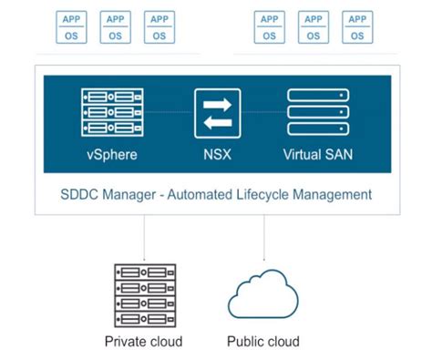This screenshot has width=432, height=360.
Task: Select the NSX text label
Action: (216, 154)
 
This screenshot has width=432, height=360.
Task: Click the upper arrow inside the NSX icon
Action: (217, 103)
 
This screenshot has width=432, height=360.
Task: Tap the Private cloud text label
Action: (143, 342)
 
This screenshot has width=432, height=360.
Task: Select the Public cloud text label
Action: (263, 342)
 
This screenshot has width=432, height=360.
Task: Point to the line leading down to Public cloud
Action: (264, 239)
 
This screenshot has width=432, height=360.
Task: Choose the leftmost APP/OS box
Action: (71, 26)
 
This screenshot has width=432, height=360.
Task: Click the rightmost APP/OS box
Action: (357, 26)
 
